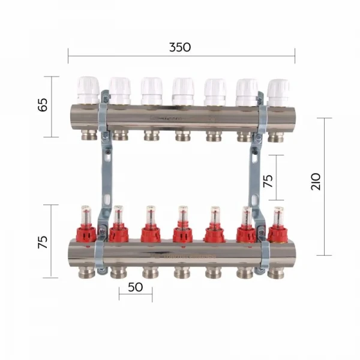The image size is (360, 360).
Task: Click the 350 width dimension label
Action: click(x=180, y=47)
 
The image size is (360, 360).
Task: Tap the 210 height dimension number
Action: click(x=317, y=181)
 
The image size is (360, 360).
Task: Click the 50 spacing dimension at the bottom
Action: click(x=136, y=287)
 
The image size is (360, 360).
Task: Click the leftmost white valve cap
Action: click(x=88, y=90)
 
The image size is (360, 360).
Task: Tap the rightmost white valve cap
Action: click(x=278, y=92)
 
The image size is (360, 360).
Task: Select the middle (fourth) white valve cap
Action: click(x=182, y=91)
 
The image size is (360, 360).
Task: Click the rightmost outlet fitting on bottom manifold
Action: click(x=276, y=272)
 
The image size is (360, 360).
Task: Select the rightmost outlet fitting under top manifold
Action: click(x=275, y=136)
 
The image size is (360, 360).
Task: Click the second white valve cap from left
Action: click(x=120, y=91)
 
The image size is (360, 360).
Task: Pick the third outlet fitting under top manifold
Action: click(x=151, y=136)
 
